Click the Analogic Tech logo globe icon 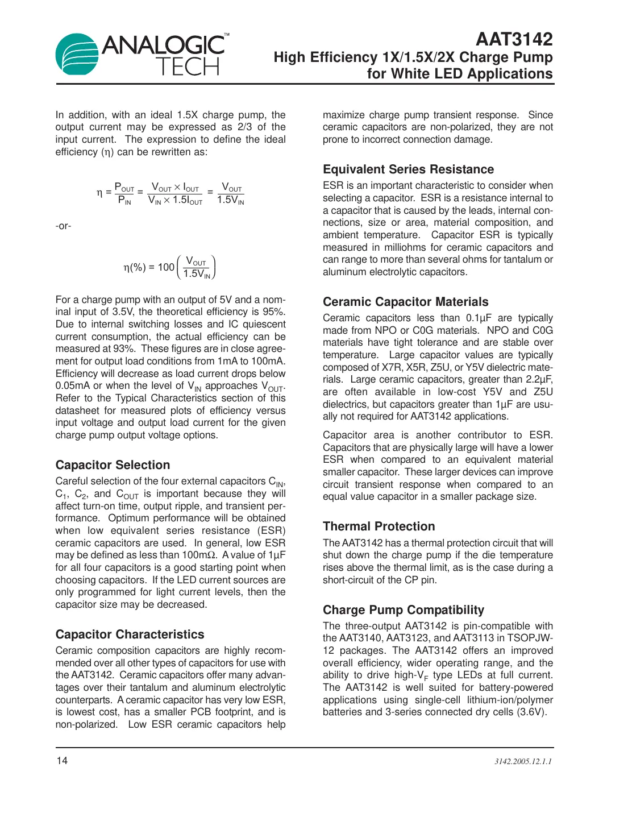point(77,55)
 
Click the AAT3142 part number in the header point(514,39)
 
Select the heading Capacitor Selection point(113,465)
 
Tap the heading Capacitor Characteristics point(130,634)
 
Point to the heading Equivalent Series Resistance point(408,169)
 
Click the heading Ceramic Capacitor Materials point(405,302)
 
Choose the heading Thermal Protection point(379,526)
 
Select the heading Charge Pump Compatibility point(403,610)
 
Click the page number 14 point(61,761)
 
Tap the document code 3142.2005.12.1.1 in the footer point(523,761)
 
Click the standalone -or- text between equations point(63,226)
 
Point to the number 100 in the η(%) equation point(166,267)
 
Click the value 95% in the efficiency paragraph point(274,312)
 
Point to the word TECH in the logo point(188,67)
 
